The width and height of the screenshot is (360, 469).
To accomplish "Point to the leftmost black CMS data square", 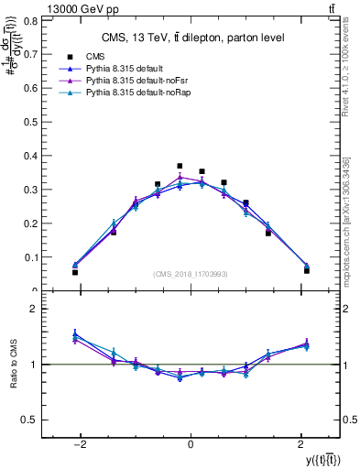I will (x=75, y=272).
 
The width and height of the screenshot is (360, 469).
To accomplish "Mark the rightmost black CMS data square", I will (x=306, y=270).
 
